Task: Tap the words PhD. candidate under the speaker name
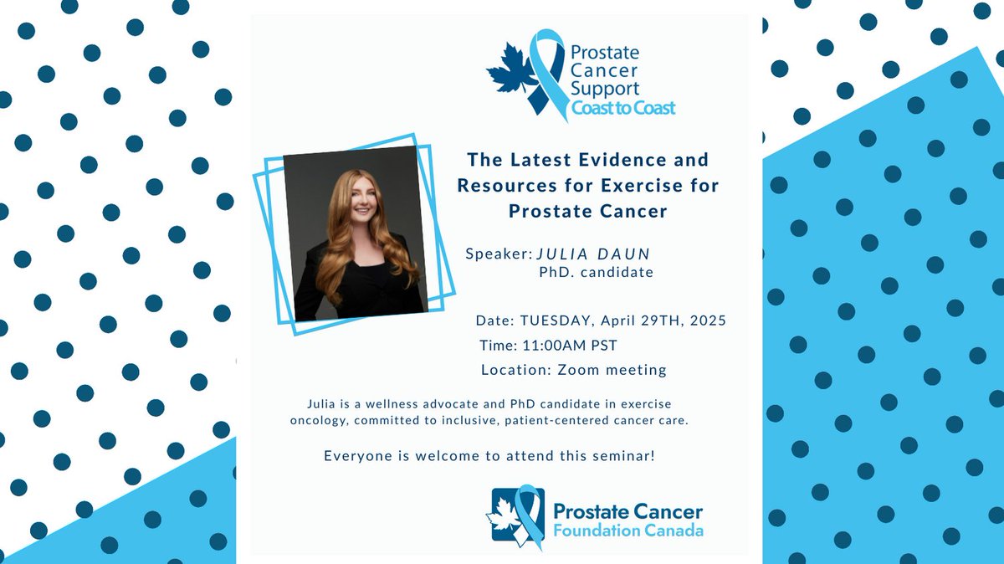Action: (596, 272)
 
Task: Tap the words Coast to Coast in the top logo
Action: (623, 107)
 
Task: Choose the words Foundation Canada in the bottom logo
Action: (627, 531)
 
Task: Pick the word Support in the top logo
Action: (605, 87)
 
